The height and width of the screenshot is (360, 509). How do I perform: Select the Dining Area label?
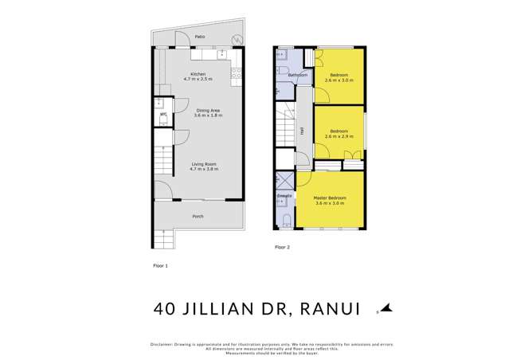(198, 110)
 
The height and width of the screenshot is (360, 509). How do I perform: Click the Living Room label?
(203, 164)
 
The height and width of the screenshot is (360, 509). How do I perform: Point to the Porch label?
(198, 217)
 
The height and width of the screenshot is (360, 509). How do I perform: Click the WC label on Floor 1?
(162, 115)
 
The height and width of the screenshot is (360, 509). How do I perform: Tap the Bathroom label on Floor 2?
(298, 76)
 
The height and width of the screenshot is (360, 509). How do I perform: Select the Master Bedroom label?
(329, 198)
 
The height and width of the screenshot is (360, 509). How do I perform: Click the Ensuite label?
(284, 195)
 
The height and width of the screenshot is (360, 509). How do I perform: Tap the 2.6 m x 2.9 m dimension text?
(339, 136)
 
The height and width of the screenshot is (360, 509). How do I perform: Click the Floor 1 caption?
(161, 263)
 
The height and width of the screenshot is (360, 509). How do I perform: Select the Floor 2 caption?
(283, 248)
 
